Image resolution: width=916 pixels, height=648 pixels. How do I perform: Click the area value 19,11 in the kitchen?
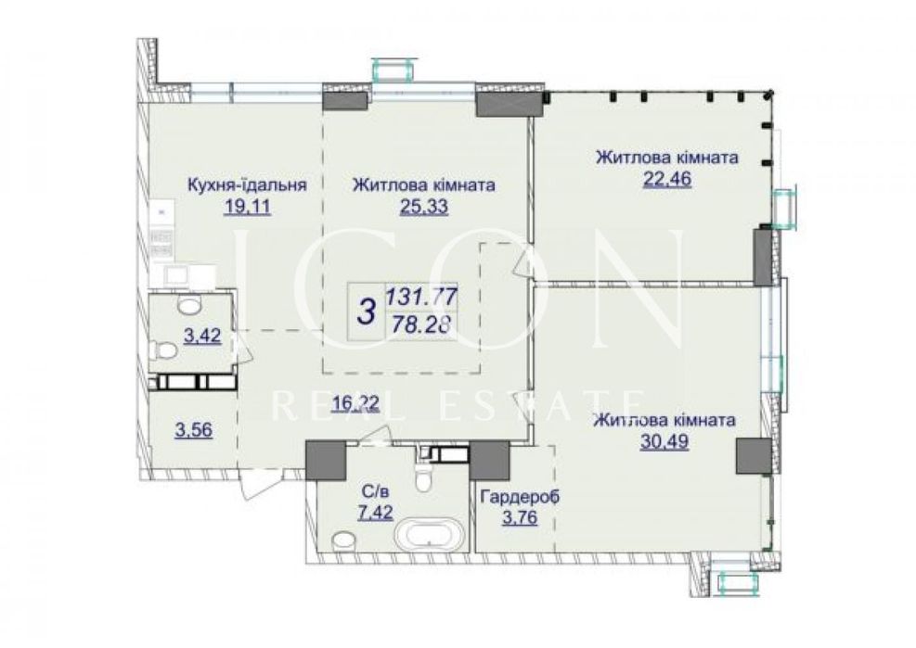click(248, 207)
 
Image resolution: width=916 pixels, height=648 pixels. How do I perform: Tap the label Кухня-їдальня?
click(247, 185)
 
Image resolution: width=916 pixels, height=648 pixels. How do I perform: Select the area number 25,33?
click(424, 207)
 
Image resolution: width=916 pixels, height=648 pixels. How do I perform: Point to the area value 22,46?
click(667, 179)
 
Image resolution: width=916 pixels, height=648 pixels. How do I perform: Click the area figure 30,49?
click(664, 442)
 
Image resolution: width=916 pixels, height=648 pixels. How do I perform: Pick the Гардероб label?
click(520, 497)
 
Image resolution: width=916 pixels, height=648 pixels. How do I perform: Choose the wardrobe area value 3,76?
click(520, 518)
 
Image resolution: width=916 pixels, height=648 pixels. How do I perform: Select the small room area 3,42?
click(202, 337)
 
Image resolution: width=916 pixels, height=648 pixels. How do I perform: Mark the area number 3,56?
click(194, 430)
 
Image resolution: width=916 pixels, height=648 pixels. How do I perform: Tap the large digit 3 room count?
click(366, 311)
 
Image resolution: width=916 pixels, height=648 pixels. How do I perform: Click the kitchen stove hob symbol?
click(161, 243)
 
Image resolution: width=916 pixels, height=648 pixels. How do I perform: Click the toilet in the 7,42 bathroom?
click(420, 476)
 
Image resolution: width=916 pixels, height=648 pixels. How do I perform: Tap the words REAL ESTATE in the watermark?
click(458, 404)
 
